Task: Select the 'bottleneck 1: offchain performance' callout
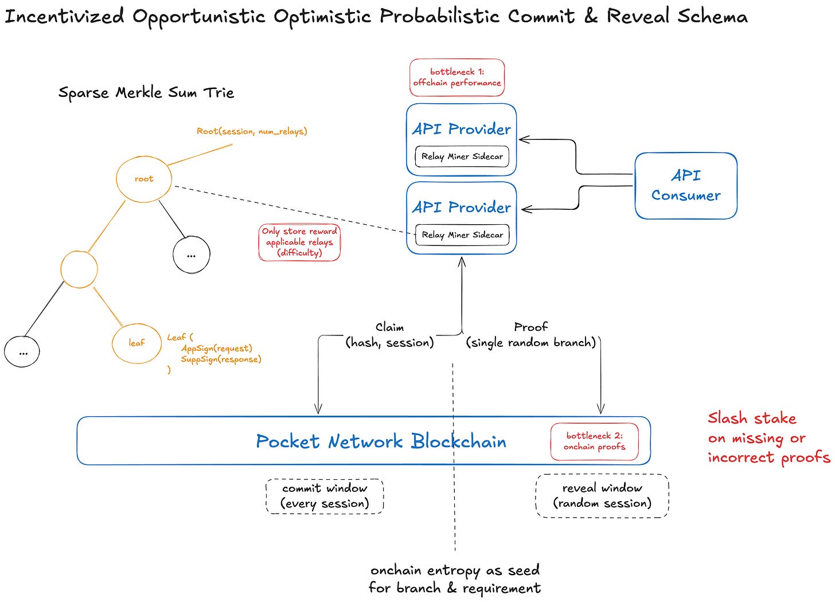click(x=457, y=77)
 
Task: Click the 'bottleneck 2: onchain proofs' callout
click(x=595, y=441)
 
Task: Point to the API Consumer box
click(x=686, y=186)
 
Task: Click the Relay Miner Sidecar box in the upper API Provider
click(x=462, y=157)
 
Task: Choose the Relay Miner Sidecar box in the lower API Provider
click(x=462, y=235)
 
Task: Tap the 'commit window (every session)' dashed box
click(x=325, y=496)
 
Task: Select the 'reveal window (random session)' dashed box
click(x=602, y=496)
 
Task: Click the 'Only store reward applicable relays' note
click(x=299, y=243)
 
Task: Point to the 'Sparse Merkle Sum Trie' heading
click(x=146, y=92)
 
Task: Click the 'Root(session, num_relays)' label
click(x=252, y=131)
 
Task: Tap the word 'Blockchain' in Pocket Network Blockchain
click(x=459, y=441)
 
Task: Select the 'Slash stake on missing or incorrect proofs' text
click(x=768, y=439)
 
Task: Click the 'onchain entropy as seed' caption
click(x=455, y=570)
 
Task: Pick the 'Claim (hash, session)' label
click(x=389, y=335)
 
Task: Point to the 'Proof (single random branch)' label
click(x=531, y=335)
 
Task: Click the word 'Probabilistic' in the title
click(x=439, y=17)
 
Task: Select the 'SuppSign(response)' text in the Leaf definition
click(x=221, y=359)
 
